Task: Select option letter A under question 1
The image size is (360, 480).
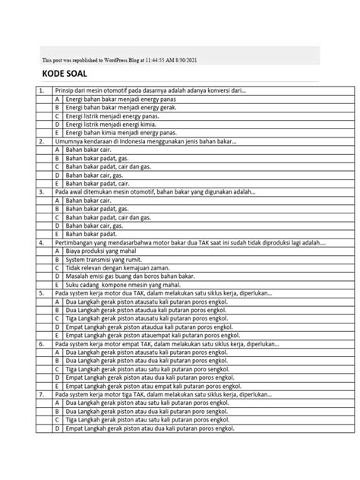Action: [57, 99]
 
